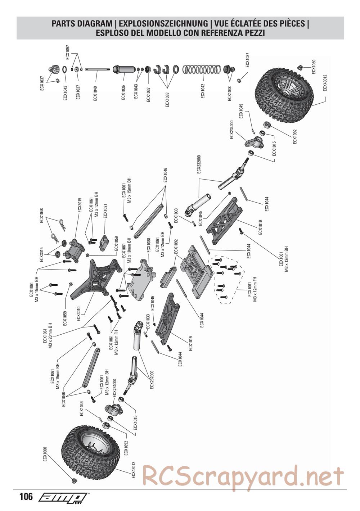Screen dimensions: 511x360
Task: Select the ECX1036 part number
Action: (123, 92)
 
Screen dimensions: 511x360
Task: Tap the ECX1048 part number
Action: (42, 216)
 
